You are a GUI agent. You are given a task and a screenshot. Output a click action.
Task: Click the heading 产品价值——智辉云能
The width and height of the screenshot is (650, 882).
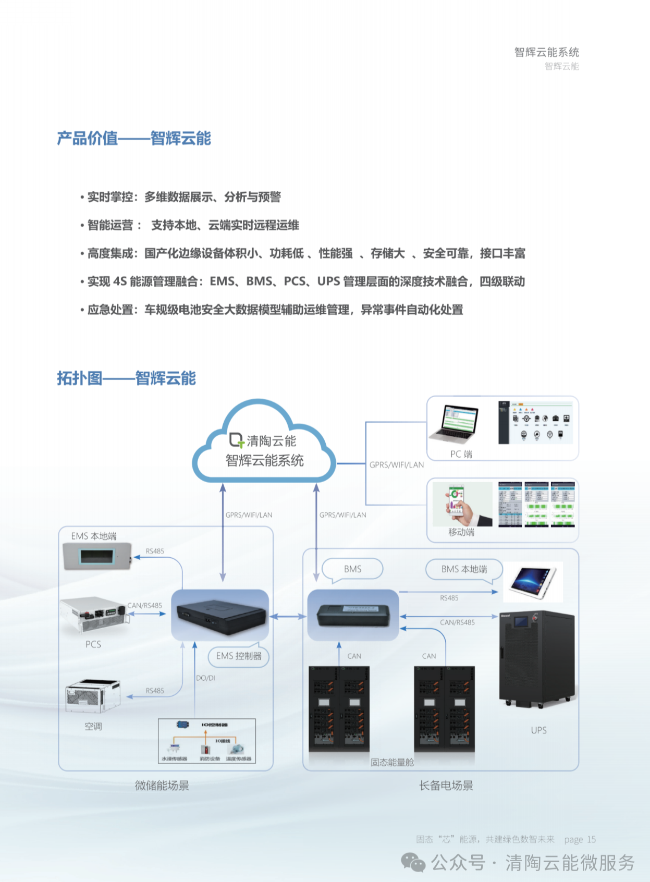[x=134, y=139]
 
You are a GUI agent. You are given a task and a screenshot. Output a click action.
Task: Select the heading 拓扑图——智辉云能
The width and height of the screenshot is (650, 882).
[x=126, y=378]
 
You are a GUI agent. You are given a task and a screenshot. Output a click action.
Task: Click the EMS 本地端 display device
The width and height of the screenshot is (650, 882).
[x=97, y=557]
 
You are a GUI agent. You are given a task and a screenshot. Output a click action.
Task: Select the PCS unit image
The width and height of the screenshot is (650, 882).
[x=93, y=615]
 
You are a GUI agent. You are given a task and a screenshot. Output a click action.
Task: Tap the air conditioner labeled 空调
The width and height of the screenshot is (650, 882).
[x=93, y=696]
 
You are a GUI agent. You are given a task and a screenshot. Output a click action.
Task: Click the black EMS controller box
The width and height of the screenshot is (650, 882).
[x=220, y=615]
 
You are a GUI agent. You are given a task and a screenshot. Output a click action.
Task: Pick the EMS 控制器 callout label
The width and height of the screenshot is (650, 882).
[x=239, y=656]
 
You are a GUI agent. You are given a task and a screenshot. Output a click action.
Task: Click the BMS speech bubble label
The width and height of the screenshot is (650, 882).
[x=352, y=569]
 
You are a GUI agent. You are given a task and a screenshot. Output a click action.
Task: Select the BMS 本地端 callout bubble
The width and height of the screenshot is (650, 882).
[x=464, y=569]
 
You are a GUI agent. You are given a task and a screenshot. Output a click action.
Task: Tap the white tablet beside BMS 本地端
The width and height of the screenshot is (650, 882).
[x=533, y=582]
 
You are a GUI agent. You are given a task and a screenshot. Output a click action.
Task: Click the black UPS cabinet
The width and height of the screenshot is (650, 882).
[x=537, y=658]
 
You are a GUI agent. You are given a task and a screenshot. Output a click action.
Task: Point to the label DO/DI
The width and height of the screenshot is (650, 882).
[x=205, y=678]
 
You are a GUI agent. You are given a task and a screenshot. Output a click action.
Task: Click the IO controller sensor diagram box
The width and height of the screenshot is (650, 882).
[x=207, y=741]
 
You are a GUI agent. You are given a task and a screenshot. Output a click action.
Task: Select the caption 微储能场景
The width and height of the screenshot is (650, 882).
[x=162, y=786]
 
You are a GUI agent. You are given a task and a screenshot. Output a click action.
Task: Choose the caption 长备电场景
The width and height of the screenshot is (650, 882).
[x=446, y=786]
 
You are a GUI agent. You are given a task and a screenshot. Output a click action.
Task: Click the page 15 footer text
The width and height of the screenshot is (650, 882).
[x=580, y=840]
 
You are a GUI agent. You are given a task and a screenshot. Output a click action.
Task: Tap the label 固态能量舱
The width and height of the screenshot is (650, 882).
[x=392, y=763]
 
